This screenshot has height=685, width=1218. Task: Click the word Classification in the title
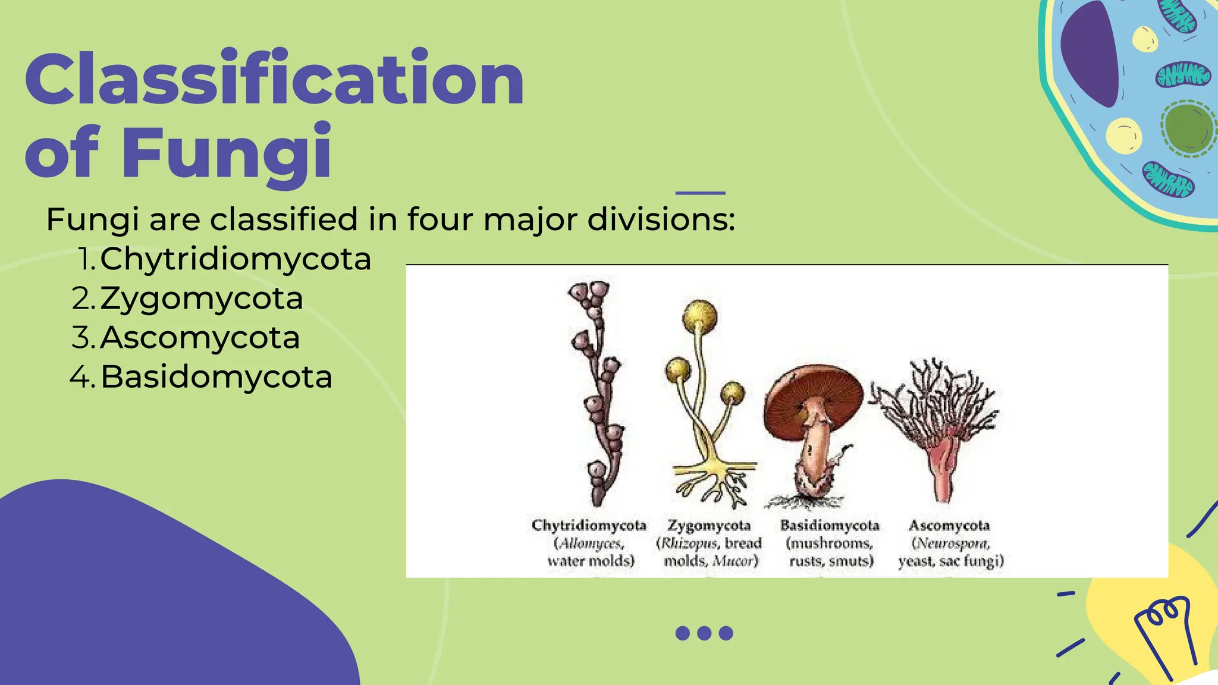[274, 79]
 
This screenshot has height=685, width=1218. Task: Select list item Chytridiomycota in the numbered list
[236, 259]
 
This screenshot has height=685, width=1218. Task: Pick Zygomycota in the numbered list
[201, 298]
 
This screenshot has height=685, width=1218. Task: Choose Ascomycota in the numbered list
[200, 338]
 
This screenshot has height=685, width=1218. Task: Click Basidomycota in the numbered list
[216, 377]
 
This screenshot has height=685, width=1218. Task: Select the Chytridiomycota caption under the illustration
[589, 526]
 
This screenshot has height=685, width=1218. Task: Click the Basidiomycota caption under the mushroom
[830, 526]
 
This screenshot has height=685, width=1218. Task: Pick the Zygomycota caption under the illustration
[709, 526]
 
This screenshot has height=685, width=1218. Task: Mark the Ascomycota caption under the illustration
[949, 526]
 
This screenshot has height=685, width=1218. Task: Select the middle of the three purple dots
[704, 633]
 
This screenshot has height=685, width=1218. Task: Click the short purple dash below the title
[701, 193]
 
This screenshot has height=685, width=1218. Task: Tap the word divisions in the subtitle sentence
[661, 219]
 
